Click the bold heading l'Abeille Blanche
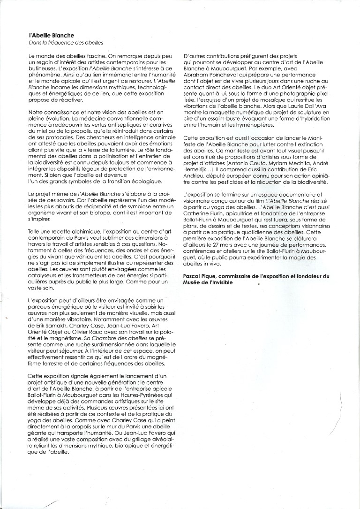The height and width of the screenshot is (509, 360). click(x=51, y=35)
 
